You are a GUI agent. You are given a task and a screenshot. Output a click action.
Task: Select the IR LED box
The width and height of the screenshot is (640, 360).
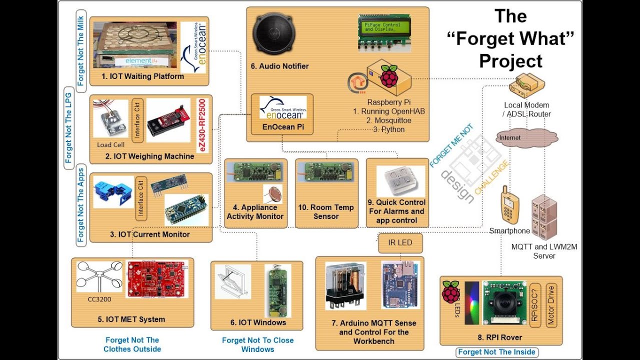click(x=400, y=243)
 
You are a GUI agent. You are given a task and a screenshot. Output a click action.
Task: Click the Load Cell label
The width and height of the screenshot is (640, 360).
click(x=111, y=145)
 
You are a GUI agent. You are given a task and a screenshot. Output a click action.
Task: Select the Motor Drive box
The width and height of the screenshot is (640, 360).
click(x=551, y=305)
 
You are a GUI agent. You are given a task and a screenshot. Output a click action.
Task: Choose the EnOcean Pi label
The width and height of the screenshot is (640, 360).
click(x=283, y=127)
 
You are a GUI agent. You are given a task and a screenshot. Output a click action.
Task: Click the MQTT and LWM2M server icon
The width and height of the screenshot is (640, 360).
click(x=544, y=216)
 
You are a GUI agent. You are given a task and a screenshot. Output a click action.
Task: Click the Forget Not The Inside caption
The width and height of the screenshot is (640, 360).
click(x=496, y=352)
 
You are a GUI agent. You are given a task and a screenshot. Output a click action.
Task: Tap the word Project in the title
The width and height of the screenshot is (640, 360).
click(x=510, y=61)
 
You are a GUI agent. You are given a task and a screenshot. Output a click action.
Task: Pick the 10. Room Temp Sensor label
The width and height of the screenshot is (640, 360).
click(x=326, y=212)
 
